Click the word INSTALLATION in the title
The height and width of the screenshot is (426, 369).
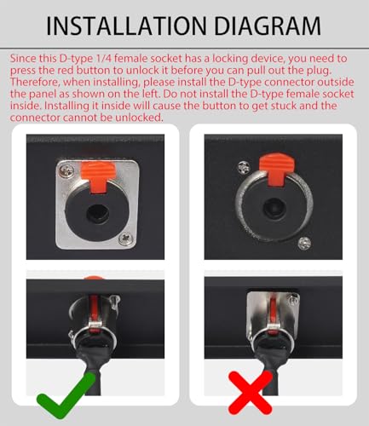[x=126, y=26]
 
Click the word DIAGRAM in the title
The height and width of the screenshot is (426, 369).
[x=268, y=26]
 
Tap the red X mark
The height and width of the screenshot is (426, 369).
[x=251, y=393]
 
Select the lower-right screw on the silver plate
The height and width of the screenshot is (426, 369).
[x=125, y=239]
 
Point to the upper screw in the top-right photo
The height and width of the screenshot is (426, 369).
[x=244, y=167]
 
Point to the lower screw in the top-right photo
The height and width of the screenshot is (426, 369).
[x=304, y=243]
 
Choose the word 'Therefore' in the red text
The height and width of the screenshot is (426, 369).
[x=35, y=82]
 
